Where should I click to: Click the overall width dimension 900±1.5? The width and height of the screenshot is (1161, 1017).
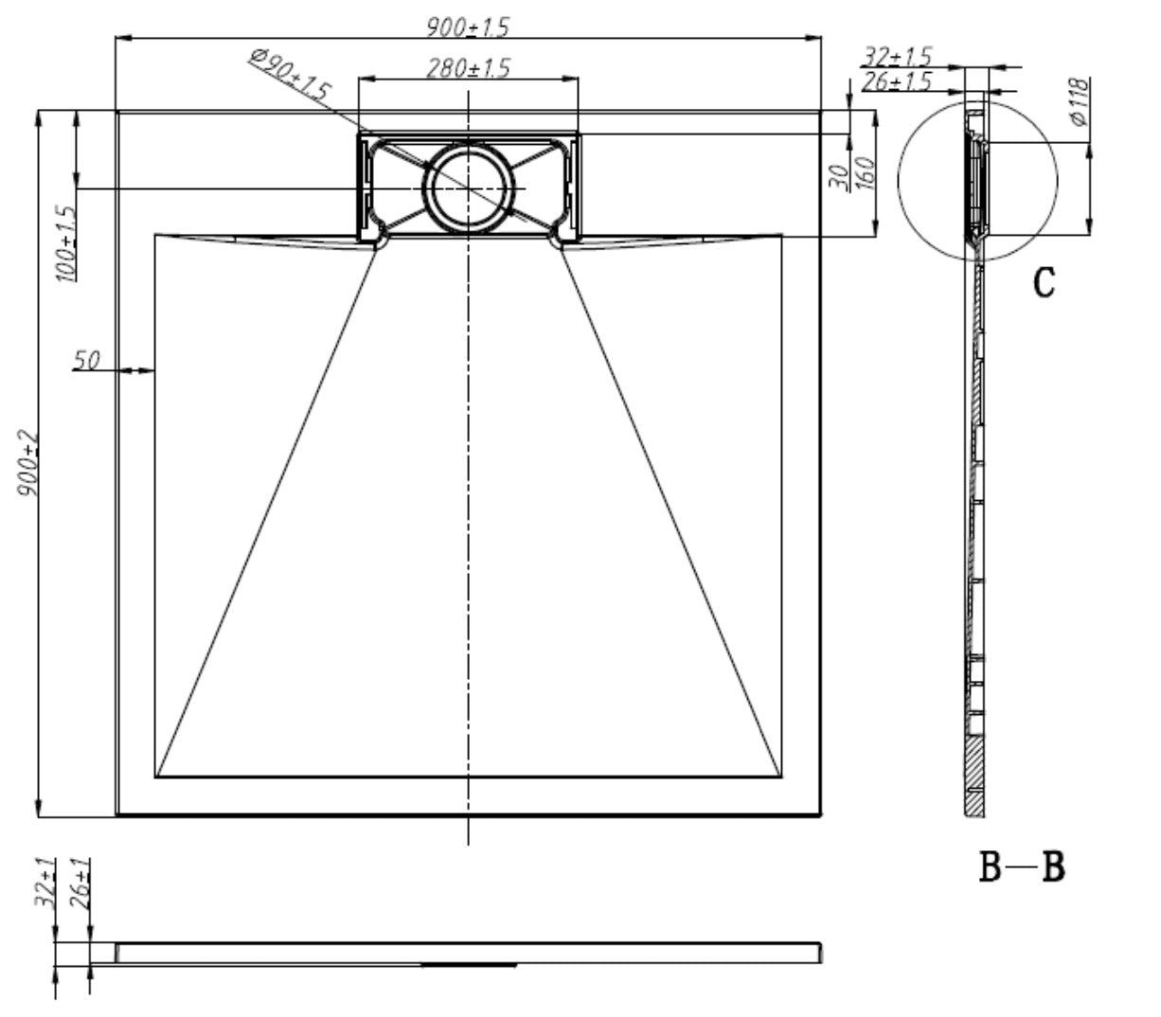(x=467, y=27)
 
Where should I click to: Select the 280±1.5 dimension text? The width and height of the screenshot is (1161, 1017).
(x=468, y=68)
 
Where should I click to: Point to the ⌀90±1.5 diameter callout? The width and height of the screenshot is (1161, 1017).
(x=290, y=76)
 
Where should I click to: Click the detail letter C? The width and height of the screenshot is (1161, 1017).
(x=1043, y=281)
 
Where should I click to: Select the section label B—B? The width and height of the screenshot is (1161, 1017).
(x=1022, y=866)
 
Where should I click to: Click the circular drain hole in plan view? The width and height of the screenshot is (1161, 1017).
(x=468, y=187)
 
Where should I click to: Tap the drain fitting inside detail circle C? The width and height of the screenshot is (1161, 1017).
(x=975, y=185)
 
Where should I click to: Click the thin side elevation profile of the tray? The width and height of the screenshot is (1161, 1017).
(x=468, y=953)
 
